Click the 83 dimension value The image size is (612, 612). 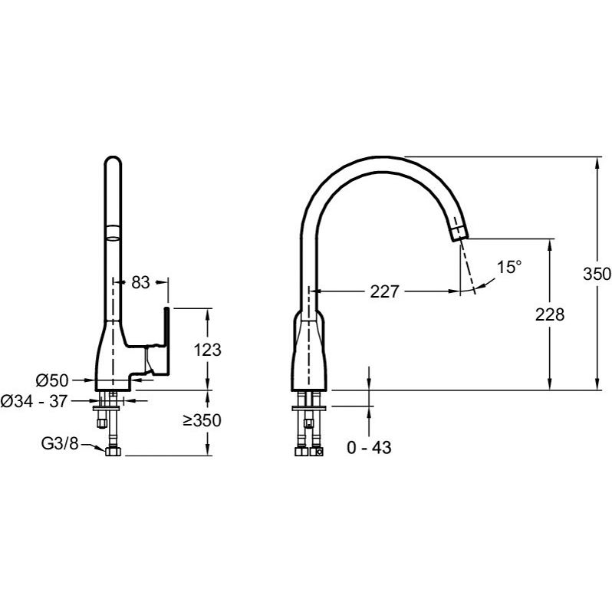[x=140, y=282]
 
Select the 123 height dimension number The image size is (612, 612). [x=207, y=350]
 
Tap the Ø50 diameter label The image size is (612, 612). [x=52, y=380]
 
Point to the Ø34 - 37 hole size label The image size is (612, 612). [x=34, y=401]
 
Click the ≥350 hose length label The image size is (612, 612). [x=202, y=420]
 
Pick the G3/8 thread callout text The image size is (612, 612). [x=60, y=443]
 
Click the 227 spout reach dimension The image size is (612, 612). [x=384, y=291]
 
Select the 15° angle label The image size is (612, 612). [x=509, y=268]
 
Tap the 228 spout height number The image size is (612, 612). [x=550, y=314]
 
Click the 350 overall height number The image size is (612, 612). [x=597, y=274]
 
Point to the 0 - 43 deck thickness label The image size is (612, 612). [x=369, y=448]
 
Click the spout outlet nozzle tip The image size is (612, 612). [x=459, y=233]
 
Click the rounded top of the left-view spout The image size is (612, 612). [x=114, y=161]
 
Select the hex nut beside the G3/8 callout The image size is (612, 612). [x=113, y=452]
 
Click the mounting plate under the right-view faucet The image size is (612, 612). [x=309, y=408]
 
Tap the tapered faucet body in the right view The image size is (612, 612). [x=308, y=350]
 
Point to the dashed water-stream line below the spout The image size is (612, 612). [x=467, y=267]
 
